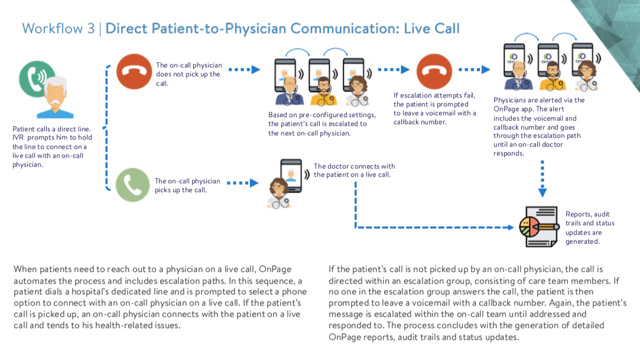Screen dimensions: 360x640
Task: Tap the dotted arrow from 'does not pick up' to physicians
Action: [x=243, y=70]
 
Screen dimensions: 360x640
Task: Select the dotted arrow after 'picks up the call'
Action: [x=243, y=183]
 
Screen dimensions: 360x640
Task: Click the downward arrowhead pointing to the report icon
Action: [x=542, y=192]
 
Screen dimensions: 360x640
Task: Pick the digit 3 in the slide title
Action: [x=90, y=28]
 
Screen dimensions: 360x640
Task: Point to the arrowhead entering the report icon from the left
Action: [x=512, y=227]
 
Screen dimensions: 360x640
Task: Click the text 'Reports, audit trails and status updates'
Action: [x=590, y=228]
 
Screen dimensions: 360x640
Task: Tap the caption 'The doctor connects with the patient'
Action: [x=354, y=170]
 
